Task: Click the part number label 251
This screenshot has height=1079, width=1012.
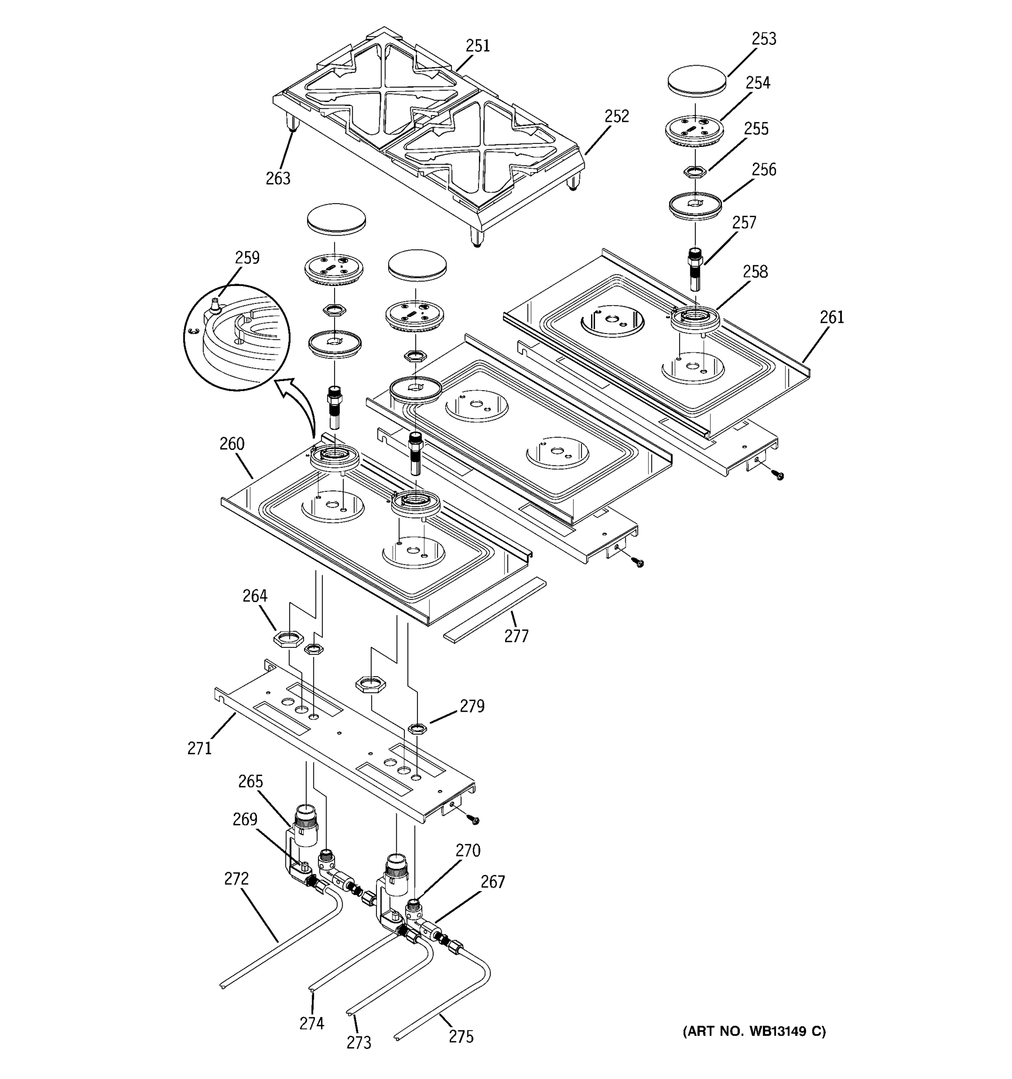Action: [x=477, y=46]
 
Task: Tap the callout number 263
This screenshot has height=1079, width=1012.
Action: [x=278, y=178]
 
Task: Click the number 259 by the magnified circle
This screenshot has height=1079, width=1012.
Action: [x=247, y=257]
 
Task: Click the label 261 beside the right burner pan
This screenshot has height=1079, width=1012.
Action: [x=832, y=317]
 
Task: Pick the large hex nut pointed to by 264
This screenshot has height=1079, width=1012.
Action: [x=288, y=639]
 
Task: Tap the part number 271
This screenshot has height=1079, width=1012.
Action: [x=199, y=749]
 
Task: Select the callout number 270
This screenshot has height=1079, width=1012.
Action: [x=468, y=851]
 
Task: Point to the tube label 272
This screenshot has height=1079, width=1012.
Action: [x=236, y=879]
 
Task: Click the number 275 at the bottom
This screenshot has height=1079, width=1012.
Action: [x=461, y=1037]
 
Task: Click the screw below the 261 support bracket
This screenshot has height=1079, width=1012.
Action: [x=779, y=476]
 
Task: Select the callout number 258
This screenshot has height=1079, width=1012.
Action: [x=755, y=272]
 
